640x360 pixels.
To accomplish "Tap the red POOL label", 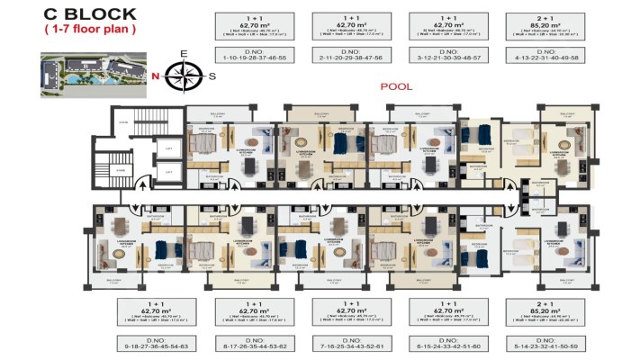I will click(395, 86).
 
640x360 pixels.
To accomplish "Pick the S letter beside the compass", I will click(212, 76).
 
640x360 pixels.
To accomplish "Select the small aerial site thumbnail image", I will click(91, 72).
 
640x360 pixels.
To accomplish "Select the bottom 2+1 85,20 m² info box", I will click(541, 311).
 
